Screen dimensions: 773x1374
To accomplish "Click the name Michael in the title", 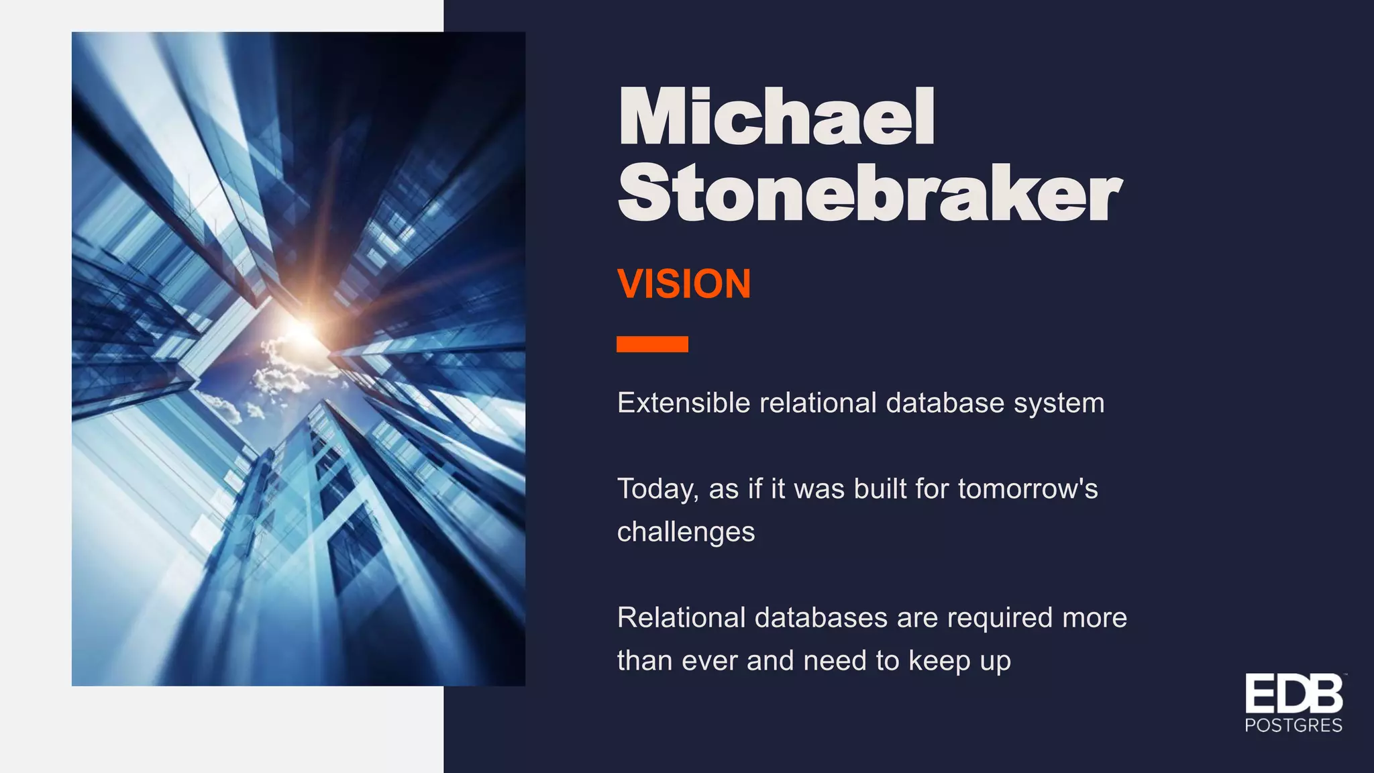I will (776, 117).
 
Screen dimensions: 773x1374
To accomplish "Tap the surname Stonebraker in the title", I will (869, 194).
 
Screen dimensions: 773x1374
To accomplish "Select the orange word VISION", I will (684, 284).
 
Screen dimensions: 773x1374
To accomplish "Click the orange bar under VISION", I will (652, 344).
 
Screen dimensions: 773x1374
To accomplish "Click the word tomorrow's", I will (1028, 489).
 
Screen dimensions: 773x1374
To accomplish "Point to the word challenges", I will (686, 532).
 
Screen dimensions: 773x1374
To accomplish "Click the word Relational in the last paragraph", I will (681, 618).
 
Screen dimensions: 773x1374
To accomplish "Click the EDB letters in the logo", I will (1293, 694).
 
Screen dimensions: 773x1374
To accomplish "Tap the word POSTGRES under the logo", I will (1293, 725).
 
